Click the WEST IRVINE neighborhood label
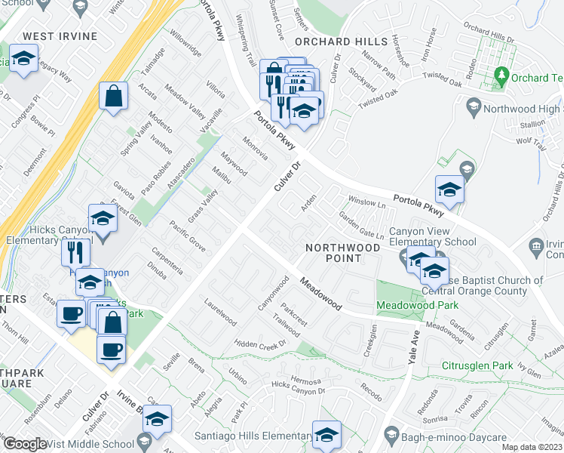60,36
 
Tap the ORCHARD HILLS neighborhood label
334,42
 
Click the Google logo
26,444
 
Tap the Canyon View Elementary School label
432,236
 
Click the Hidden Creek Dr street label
261,342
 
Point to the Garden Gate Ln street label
361,226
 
